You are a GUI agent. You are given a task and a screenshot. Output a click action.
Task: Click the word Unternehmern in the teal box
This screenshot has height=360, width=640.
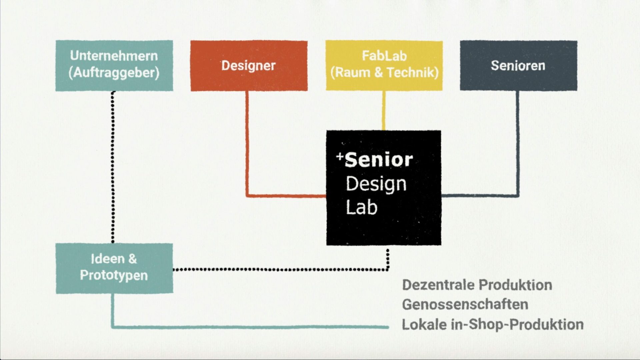tap(114, 56)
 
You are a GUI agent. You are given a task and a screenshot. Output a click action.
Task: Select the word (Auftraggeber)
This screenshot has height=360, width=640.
tap(114, 73)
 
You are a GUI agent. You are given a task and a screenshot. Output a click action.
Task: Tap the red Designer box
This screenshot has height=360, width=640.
tap(249, 66)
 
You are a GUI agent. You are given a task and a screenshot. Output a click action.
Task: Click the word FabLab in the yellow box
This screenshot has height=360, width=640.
tap(384, 56)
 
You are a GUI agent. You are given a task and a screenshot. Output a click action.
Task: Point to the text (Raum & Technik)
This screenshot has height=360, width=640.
tap(384, 72)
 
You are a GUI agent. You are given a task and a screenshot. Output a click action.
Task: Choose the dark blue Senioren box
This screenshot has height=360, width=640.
tap(518, 66)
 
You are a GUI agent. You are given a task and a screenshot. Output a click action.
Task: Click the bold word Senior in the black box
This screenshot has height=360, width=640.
tap(379, 160)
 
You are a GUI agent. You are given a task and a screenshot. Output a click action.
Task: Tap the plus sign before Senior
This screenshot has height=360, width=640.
tap(340, 156)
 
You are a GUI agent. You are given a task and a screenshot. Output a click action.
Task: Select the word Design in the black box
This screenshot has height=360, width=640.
tap(376, 184)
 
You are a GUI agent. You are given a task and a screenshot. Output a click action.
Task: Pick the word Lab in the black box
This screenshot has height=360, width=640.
tap(361, 207)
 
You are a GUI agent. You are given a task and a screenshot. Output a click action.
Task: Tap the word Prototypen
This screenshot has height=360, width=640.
tap(114, 275)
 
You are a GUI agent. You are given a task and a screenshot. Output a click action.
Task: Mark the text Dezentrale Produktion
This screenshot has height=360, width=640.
tap(477, 285)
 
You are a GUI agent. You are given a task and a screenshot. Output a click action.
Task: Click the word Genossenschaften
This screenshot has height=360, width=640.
tap(465, 304)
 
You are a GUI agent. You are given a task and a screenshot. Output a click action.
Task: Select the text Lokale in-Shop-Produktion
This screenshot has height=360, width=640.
tap(492, 324)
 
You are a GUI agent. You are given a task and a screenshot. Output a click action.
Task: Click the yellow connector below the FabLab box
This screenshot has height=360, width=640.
tap(384, 110)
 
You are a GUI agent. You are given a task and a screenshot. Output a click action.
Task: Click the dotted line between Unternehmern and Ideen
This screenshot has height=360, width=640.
tap(113, 167)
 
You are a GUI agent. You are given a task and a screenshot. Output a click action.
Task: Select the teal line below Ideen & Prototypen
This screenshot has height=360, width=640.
tap(250, 327)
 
